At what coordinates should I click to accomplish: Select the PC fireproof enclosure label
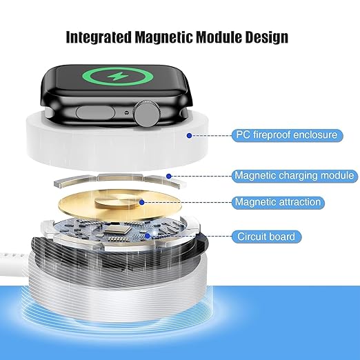coord(285,134)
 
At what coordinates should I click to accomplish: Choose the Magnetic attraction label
coord(278,202)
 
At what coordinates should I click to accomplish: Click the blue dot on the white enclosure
coord(189,135)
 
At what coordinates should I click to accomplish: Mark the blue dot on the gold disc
coord(141,202)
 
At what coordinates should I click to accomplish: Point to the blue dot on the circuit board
coord(147,236)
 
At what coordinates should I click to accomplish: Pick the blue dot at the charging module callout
coord(176,175)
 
